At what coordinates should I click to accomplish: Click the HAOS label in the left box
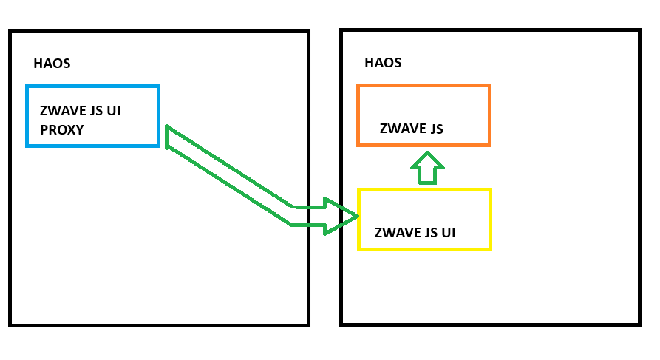52,64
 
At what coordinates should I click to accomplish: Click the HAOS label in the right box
383,63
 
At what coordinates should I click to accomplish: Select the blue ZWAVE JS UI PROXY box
92,116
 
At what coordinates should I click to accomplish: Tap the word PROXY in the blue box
61,129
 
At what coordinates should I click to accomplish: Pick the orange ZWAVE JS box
423,115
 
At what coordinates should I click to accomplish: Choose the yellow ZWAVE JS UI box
424,219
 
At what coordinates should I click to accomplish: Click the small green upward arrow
426,168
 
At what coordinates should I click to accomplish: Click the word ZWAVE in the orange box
401,129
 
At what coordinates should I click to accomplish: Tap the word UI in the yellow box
447,232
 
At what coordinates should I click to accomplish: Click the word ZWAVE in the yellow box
396,232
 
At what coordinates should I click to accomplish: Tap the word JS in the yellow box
429,232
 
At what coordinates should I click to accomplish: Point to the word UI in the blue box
113,112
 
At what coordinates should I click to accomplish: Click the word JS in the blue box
95,112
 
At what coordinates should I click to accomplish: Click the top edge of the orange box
423,86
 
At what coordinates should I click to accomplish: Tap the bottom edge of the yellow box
424,248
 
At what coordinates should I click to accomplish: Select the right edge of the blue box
158,116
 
